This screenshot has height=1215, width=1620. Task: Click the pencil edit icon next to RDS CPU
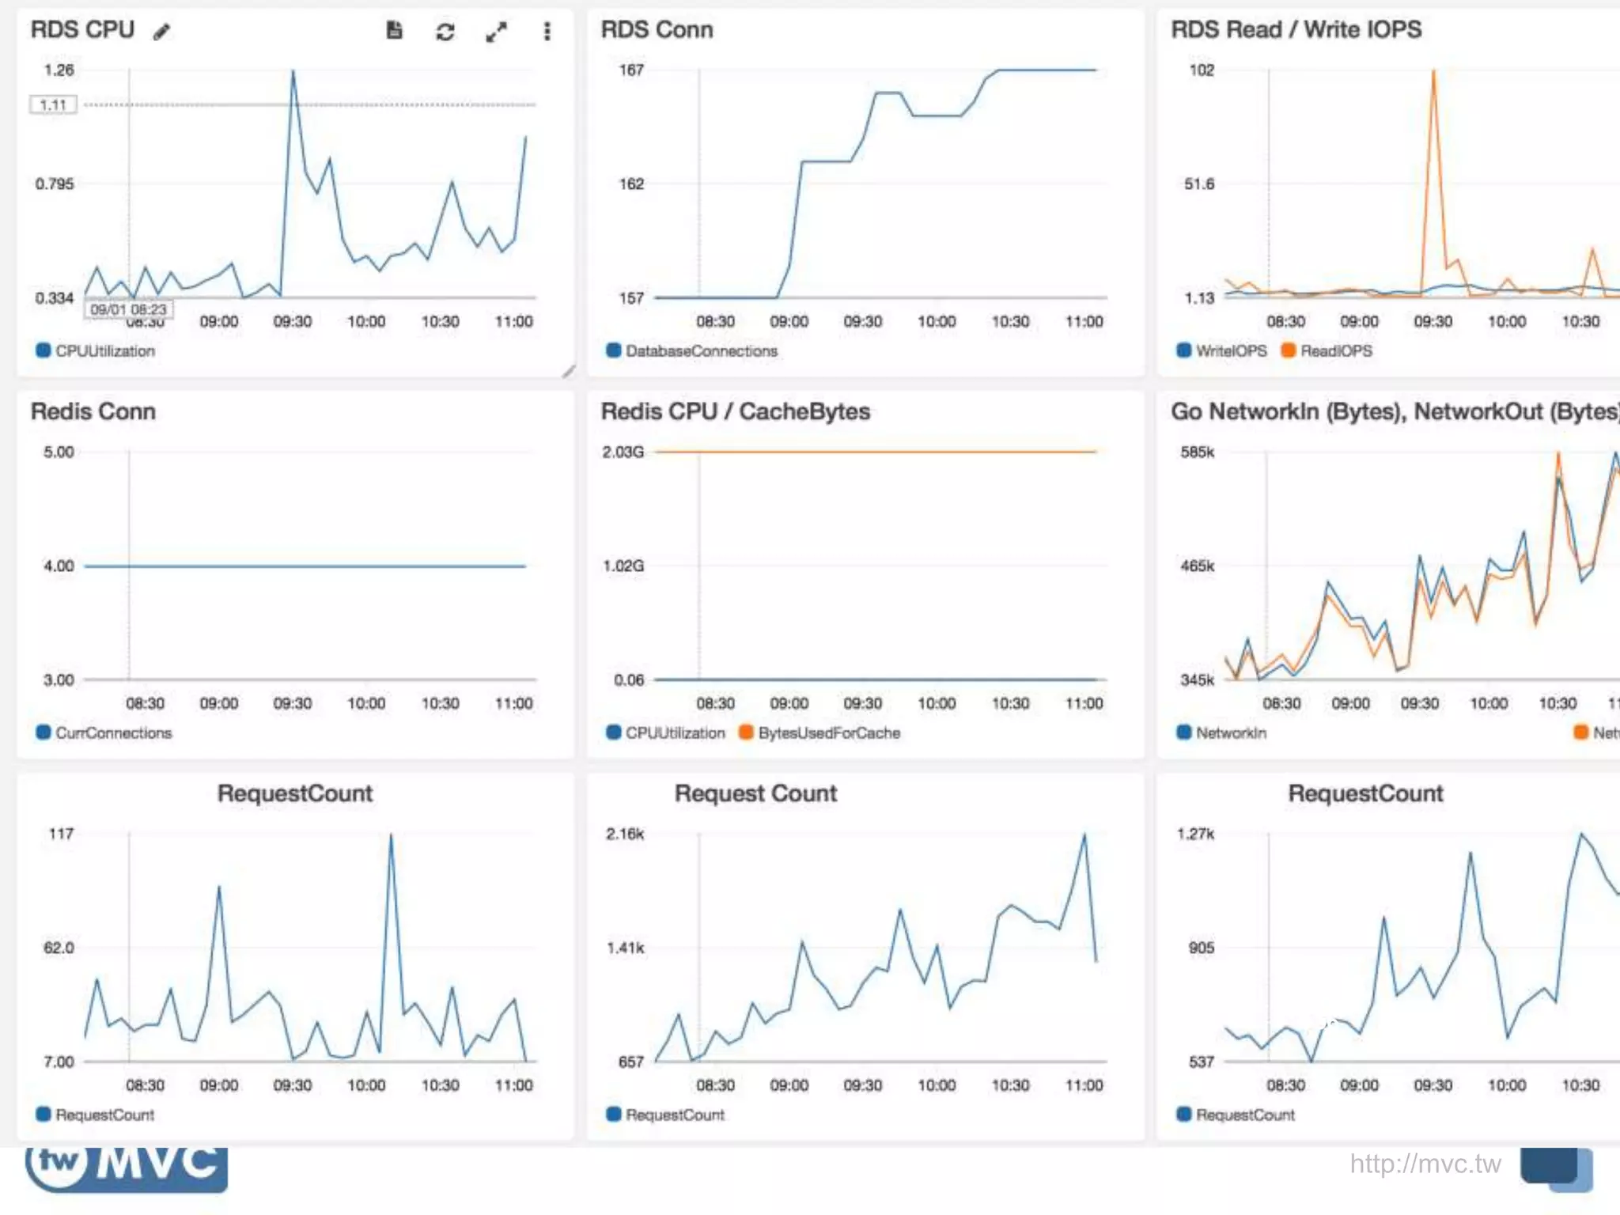[161, 32]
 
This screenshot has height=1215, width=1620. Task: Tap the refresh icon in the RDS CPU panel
[445, 32]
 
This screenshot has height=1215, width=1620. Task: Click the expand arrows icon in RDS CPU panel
[496, 32]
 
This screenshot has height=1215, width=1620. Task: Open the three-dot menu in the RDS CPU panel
[547, 32]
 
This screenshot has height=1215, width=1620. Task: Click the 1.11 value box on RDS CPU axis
[53, 104]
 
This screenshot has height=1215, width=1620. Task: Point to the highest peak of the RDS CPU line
[293, 72]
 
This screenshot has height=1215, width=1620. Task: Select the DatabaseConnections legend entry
[700, 350]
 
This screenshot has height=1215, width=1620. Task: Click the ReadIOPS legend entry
[1335, 350]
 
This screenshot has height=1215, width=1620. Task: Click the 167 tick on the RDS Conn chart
[630, 70]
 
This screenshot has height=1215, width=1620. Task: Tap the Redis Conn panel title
[93, 411]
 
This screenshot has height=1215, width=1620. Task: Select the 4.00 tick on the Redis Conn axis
[59, 566]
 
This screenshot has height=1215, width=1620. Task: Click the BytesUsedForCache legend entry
[828, 732]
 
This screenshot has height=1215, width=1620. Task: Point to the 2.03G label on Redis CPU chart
[623, 452]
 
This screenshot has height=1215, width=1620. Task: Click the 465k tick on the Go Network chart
[1197, 566]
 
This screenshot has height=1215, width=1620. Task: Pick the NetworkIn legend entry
[1230, 732]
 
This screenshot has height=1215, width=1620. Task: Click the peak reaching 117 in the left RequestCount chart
[391, 836]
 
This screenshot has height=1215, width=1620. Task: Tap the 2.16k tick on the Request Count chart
[625, 834]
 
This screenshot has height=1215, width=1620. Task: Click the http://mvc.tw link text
[1425, 1164]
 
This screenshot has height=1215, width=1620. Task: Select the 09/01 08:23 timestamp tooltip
[128, 309]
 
